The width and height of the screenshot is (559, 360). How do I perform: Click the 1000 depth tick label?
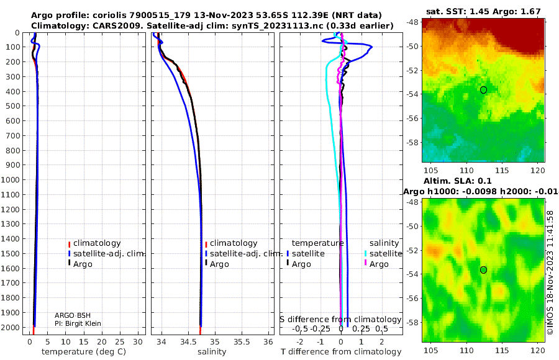point(11,179)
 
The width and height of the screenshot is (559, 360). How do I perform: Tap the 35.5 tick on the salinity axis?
point(242,342)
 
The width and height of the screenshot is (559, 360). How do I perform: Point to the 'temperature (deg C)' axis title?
point(84,352)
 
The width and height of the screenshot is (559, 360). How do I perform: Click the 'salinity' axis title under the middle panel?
point(212,352)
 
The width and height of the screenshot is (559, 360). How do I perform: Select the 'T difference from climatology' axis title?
point(341,352)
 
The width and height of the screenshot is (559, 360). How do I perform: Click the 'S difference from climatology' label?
point(340,320)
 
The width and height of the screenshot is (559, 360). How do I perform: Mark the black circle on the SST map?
point(483,90)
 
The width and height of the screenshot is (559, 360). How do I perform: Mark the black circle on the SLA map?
point(483,270)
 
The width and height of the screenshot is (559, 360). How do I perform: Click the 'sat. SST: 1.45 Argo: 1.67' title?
point(483,12)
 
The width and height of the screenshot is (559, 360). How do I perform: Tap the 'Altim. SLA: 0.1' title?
point(457,181)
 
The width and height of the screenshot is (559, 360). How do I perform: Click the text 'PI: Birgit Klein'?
point(78,323)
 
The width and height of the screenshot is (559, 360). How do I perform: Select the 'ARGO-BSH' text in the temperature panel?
point(73,315)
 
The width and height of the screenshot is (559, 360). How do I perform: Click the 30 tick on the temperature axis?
point(138,342)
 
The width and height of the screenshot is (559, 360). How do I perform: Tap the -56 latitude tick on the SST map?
point(413,118)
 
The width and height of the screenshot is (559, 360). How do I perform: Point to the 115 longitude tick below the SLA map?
point(502,350)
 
